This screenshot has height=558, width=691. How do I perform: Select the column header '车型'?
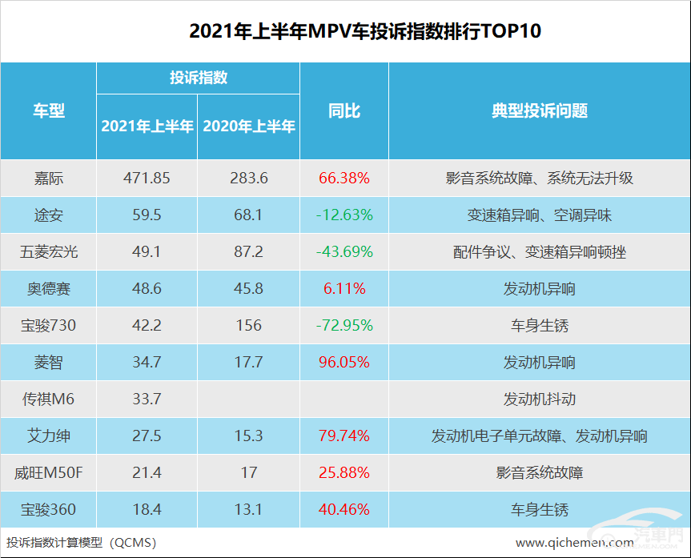(48, 110)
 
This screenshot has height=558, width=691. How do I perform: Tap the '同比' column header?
(344, 110)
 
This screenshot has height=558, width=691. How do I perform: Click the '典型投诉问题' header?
(539, 110)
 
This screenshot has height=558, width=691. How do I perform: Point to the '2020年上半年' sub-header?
(249, 126)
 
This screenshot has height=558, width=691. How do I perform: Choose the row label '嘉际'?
(48, 178)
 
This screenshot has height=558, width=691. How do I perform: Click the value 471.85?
(147, 178)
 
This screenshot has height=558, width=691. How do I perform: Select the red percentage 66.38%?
(344, 178)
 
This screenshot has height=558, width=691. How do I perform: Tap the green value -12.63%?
(344, 215)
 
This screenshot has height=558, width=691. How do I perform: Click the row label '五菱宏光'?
(48, 251)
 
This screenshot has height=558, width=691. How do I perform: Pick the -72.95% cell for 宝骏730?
(344, 325)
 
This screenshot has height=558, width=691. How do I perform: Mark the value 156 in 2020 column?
(249, 325)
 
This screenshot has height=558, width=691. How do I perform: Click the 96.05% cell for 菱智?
(344, 362)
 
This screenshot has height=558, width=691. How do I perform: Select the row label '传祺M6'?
(48, 399)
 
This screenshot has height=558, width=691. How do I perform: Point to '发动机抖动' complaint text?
(539, 399)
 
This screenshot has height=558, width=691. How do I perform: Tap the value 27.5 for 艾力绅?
(147, 436)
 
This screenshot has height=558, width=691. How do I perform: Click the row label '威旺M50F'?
(48, 472)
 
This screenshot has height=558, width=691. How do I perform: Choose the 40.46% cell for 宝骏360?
(344, 509)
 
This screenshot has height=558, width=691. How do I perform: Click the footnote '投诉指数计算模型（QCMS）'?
(81, 542)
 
